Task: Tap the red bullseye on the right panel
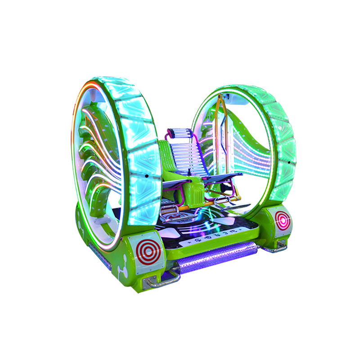tap(283, 220)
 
